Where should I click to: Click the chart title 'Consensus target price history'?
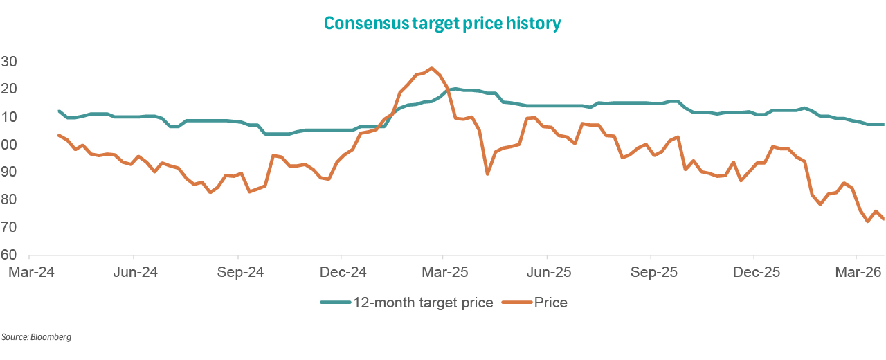[x=442, y=23]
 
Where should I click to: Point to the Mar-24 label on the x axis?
[x=30, y=272]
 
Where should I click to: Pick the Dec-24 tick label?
[x=341, y=272]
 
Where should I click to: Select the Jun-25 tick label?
[x=548, y=272]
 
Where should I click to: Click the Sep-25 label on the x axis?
[x=651, y=272]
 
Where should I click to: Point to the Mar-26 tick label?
[x=857, y=272]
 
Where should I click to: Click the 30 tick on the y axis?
[x=9, y=62]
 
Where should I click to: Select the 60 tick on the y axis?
[x=9, y=255]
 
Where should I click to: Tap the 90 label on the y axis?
[x=9, y=172]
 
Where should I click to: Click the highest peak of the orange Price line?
[x=432, y=68]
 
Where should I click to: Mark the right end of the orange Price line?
[x=883, y=219]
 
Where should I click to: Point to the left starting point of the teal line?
[x=60, y=111]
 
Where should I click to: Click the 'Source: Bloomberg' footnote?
[x=36, y=337]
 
